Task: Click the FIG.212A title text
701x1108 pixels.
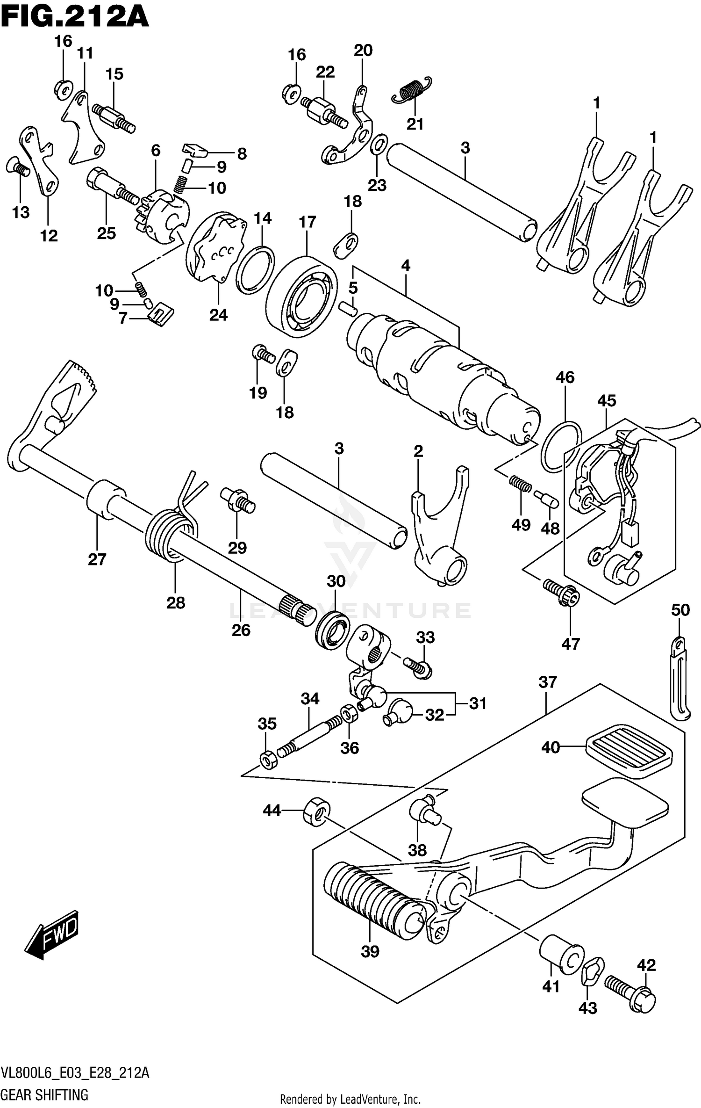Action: (x=75, y=18)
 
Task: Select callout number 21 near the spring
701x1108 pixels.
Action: (x=415, y=124)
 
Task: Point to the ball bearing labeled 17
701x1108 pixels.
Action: (x=301, y=296)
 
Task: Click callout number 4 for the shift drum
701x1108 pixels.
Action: (x=405, y=266)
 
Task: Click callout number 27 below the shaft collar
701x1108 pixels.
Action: (x=97, y=559)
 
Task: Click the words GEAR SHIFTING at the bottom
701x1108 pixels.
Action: (x=44, y=1095)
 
